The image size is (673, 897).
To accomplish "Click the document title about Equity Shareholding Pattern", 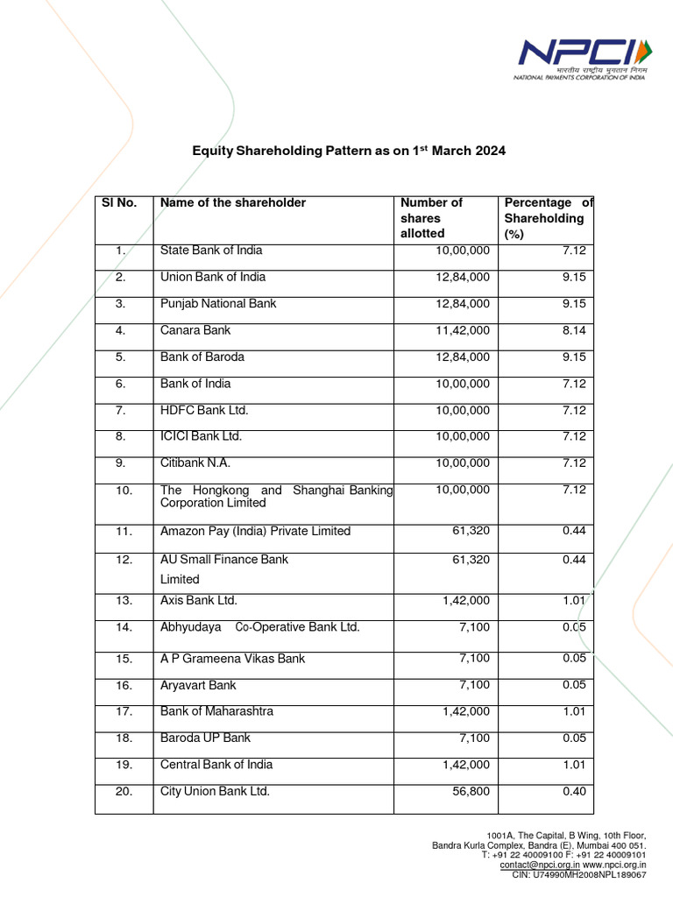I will [x=349, y=152].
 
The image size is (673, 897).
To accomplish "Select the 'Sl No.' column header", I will [x=120, y=202].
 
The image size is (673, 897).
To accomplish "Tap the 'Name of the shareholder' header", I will [x=233, y=202].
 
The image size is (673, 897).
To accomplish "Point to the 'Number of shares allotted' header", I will [x=431, y=217].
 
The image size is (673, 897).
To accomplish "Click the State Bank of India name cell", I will [x=211, y=251].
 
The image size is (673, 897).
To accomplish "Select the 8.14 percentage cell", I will [x=574, y=330].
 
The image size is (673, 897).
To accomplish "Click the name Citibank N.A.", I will [x=195, y=463].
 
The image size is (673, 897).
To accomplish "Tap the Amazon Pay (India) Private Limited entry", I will [x=255, y=531].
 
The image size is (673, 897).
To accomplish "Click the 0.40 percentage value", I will [x=574, y=791].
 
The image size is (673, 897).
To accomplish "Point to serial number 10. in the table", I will [x=123, y=490].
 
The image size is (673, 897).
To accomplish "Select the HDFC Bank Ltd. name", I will [x=204, y=410].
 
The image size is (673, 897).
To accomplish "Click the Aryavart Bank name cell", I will [x=198, y=685].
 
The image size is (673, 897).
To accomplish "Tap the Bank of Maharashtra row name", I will [x=216, y=711].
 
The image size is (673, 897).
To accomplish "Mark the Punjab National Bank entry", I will [x=218, y=303].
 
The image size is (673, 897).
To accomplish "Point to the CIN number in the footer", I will [x=579, y=874].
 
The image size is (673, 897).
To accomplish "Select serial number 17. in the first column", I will [x=123, y=711].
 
